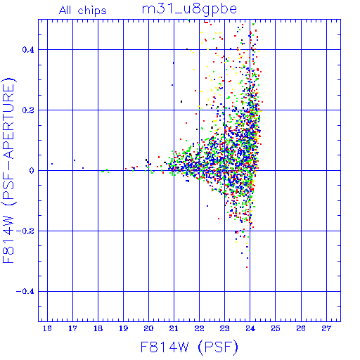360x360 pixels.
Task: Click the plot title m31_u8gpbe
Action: click(x=189, y=10)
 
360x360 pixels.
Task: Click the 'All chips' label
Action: click(x=83, y=11)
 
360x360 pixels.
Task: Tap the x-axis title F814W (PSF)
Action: click(x=189, y=347)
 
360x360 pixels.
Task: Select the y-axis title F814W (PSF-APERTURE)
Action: click(x=9, y=170)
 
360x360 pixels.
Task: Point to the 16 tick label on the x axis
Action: click(x=47, y=328)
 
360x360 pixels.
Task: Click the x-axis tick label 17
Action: click(x=72, y=328)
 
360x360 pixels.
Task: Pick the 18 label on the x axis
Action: click(x=98, y=328)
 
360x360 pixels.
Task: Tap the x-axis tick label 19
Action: click(x=124, y=328)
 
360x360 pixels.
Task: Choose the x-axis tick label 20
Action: click(x=148, y=328)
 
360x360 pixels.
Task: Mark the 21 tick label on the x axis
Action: click(x=174, y=328)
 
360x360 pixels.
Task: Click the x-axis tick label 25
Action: click(x=276, y=328)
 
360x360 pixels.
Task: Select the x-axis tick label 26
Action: click(x=301, y=328)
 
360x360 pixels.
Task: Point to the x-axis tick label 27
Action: click(x=326, y=328)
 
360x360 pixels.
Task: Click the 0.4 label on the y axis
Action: click(x=28, y=50)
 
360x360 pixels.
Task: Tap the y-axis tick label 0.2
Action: click(x=28, y=110)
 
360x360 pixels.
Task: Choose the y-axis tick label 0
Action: click(x=32, y=171)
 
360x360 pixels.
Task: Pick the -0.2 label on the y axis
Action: click(x=25, y=231)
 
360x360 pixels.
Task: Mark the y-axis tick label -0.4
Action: click(x=25, y=292)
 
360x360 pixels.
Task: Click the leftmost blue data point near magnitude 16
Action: click(x=52, y=164)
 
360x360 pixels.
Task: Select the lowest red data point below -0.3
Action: click(x=247, y=267)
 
